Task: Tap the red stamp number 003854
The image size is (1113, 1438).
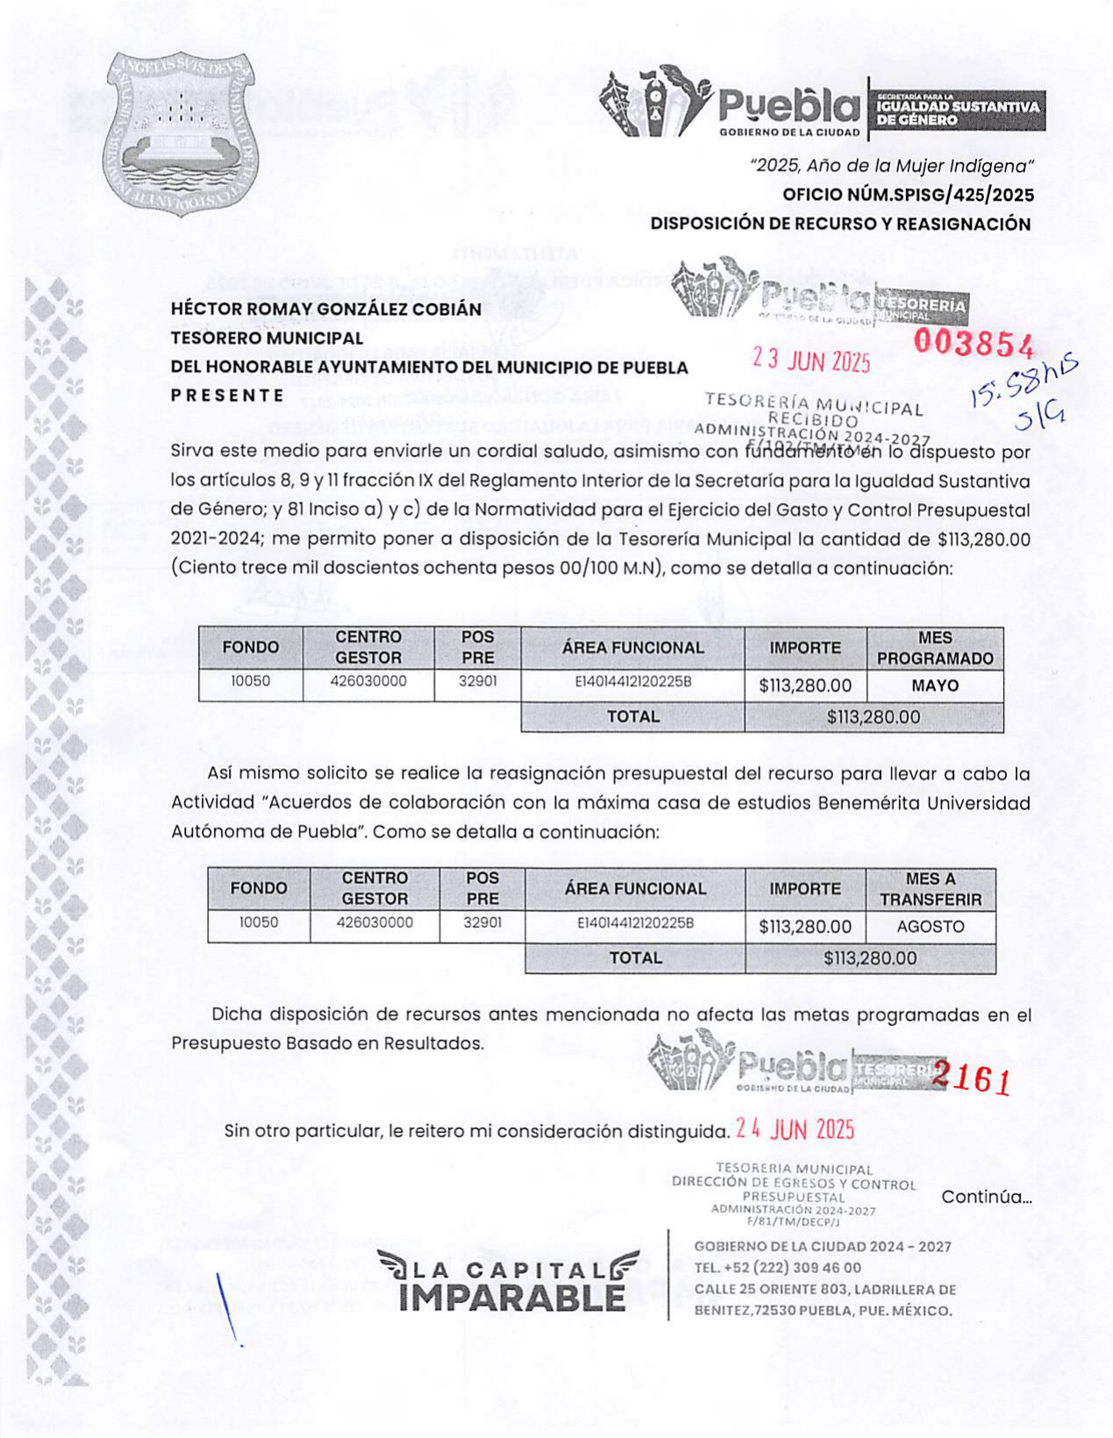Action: [x=974, y=344]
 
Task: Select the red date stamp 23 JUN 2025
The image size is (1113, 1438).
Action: [x=811, y=360]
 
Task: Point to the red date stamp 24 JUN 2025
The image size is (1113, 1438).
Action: [x=795, y=1129]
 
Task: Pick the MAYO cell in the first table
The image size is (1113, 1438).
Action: [x=935, y=686]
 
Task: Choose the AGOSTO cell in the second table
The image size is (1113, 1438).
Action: [x=930, y=927]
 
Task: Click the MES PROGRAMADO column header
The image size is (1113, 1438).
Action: [x=935, y=648]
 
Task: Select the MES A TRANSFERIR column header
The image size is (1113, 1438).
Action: [x=931, y=889]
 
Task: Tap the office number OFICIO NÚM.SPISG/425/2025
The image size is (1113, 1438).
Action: [x=908, y=195]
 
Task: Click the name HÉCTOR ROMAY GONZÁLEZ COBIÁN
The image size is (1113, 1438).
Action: [x=325, y=310]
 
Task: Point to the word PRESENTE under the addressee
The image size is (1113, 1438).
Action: [x=227, y=395]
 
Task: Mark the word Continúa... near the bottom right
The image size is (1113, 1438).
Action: [x=986, y=1197]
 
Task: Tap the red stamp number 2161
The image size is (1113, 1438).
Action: [x=971, y=1078]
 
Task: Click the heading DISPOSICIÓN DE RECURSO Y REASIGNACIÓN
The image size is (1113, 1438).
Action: [x=840, y=224]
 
